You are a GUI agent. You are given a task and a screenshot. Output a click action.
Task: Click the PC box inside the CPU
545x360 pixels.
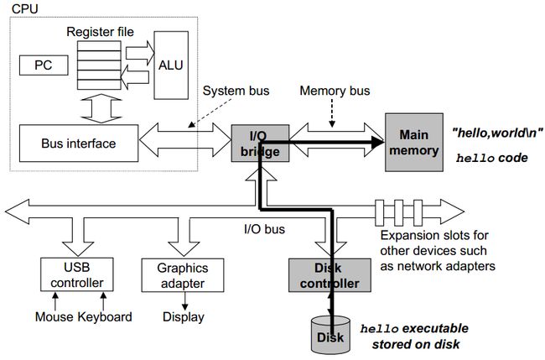tap(44, 65)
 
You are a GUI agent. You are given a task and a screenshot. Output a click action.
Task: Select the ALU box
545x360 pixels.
tap(171, 65)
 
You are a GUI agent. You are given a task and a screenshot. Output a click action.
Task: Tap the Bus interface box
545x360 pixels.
tap(79, 143)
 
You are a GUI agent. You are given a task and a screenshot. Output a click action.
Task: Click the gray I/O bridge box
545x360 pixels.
tap(260, 143)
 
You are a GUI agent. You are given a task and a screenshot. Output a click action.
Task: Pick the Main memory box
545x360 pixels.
tap(414, 143)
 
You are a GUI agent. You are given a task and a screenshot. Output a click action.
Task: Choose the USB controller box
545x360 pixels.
tap(77, 274)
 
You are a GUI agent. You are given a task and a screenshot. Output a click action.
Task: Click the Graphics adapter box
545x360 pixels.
tap(183, 275)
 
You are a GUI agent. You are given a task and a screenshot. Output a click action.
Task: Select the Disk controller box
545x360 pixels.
tap(330, 275)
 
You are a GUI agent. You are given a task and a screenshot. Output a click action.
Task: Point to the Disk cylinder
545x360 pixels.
tap(330, 334)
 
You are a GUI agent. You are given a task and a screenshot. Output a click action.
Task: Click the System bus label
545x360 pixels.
tap(236, 91)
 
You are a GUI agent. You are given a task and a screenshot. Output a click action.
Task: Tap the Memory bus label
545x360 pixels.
tap(335, 91)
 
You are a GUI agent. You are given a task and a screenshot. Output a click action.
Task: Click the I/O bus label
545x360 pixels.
tap(264, 229)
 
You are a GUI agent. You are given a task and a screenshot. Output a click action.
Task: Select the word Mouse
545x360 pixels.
tap(54, 317)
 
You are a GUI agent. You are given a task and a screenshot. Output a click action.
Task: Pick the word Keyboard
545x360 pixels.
tap(105, 317)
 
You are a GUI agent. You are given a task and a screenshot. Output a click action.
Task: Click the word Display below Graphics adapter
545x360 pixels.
tap(184, 317)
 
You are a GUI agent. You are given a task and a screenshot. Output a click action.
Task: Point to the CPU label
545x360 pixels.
tap(24, 8)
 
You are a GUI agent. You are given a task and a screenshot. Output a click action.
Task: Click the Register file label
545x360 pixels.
tap(100, 32)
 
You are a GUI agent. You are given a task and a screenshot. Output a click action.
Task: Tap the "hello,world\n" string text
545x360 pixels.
tap(497, 133)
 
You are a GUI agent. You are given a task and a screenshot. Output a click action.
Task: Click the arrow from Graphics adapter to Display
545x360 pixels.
tap(184, 301)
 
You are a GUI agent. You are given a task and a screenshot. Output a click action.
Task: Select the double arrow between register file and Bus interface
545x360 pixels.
tap(101, 108)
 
